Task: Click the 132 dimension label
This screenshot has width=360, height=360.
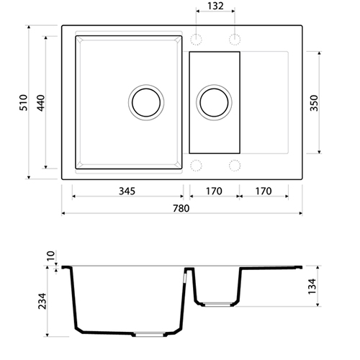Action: pyautogui.click(x=215, y=6)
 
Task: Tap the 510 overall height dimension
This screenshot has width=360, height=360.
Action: pyautogui.click(x=24, y=102)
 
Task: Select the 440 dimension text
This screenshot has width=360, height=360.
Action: pyautogui.click(x=41, y=103)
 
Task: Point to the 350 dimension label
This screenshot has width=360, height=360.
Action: pyautogui.click(x=314, y=103)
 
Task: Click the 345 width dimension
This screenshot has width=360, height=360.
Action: pyautogui.click(x=127, y=191)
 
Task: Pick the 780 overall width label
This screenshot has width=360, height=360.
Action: pyautogui.click(x=181, y=208)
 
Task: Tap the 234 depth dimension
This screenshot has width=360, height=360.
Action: pyautogui.click(x=42, y=301)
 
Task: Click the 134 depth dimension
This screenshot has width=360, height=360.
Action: pyautogui.click(x=312, y=287)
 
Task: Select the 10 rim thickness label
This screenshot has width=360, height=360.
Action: pyautogui.click(x=50, y=256)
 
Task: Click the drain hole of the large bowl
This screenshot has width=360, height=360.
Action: pyautogui.click(x=146, y=102)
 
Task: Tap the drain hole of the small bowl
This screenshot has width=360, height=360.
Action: pyautogui.click(x=214, y=102)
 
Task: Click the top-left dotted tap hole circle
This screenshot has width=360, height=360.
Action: pyautogui.click(x=196, y=40)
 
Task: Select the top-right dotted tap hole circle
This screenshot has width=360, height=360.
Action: pyautogui.click(x=235, y=40)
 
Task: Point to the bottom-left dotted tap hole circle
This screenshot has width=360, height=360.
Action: pyautogui.click(x=196, y=166)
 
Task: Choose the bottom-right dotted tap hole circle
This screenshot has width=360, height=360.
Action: pyautogui.click(x=235, y=166)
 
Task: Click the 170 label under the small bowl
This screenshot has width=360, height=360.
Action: pyautogui.click(x=214, y=191)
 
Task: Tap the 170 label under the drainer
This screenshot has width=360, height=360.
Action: pyautogui.click(x=264, y=191)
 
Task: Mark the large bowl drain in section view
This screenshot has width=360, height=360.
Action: pyautogui.click(x=149, y=334)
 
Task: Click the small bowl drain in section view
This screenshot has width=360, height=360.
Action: pyautogui.click(x=217, y=305)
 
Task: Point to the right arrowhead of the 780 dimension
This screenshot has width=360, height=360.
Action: pyautogui.click(x=300, y=213)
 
